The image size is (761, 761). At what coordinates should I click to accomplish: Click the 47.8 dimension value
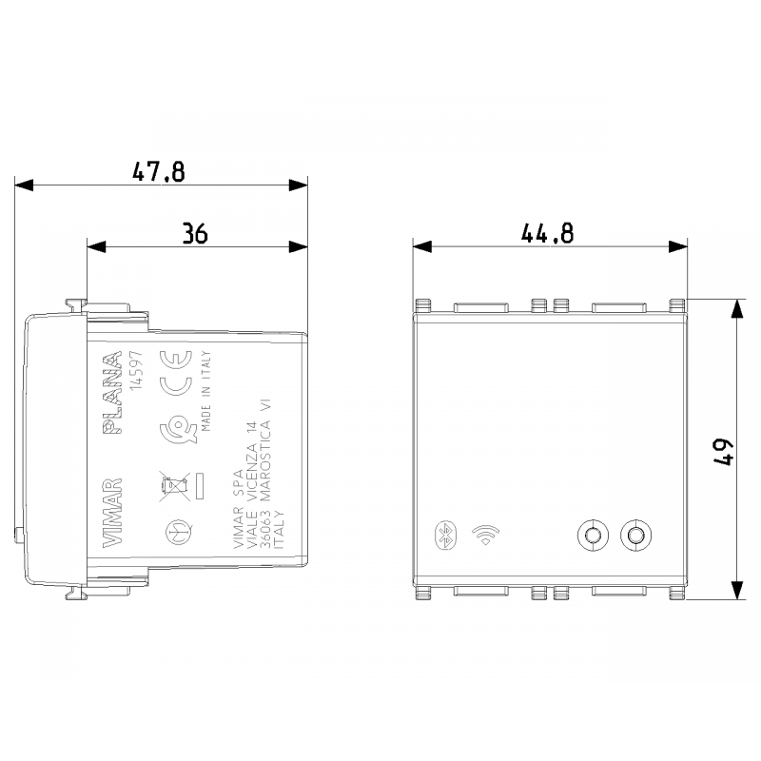click(158, 172)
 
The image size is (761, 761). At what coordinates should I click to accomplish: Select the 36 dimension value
click(195, 234)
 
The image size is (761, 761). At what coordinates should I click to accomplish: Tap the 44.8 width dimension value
click(547, 234)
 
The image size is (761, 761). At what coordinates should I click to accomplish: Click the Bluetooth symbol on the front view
click(440, 534)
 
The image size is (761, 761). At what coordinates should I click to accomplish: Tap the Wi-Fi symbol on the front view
click(488, 534)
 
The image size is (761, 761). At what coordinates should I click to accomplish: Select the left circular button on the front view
click(593, 536)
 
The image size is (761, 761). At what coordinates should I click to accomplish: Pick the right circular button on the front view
click(634, 536)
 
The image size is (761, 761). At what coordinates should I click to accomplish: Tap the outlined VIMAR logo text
click(112, 510)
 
